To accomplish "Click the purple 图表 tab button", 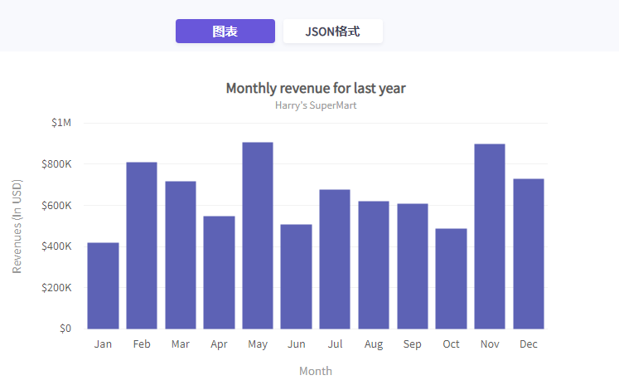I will [x=225, y=32].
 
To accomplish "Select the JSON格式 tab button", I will [x=332, y=32].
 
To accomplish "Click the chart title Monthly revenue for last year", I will [x=315, y=88].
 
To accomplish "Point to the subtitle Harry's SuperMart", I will [x=316, y=105].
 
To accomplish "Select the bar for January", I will [x=103, y=285].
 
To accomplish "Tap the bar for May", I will [x=258, y=236].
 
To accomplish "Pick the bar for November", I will [x=490, y=236].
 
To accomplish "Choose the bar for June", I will [x=296, y=276].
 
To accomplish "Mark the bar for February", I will [x=142, y=246].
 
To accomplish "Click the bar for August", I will [x=374, y=265].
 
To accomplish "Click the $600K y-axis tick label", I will [x=56, y=205].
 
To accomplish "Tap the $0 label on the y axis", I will [x=65, y=329].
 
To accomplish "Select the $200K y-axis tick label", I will [x=56, y=287].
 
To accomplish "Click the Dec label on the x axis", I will [x=528, y=344].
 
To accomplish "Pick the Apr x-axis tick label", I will [x=219, y=344].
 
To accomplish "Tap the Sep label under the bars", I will [x=412, y=344].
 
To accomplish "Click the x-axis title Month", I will [x=316, y=371].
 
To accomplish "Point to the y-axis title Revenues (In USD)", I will [x=17, y=226].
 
